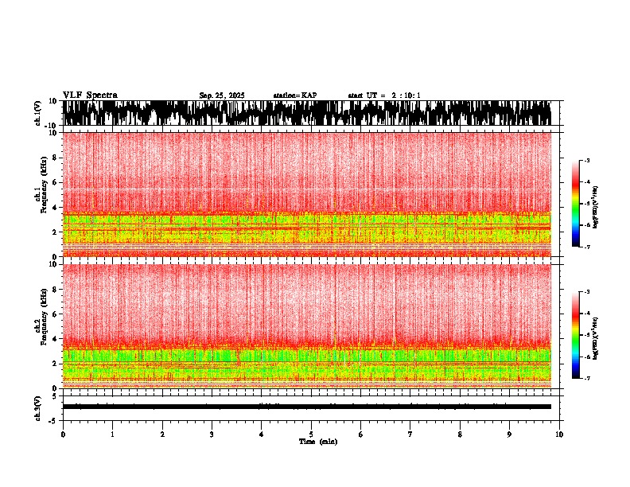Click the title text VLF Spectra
pos(90,95)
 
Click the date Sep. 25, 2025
pos(222,95)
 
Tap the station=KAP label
pos(294,95)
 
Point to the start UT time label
pos(384,95)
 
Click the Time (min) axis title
pos(317,442)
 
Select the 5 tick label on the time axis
pos(311,434)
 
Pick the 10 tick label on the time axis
pos(559,434)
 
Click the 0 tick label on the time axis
pos(63,434)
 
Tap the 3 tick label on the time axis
pos(212,434)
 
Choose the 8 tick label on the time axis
pos(460,434)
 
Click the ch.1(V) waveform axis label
pos(38,113)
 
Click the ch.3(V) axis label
pos(38,407)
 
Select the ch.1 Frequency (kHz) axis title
pos(40,193)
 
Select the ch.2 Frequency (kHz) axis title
pos(40,325)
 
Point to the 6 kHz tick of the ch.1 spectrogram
pos(56,182)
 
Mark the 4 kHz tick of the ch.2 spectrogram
pos(56,338)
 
